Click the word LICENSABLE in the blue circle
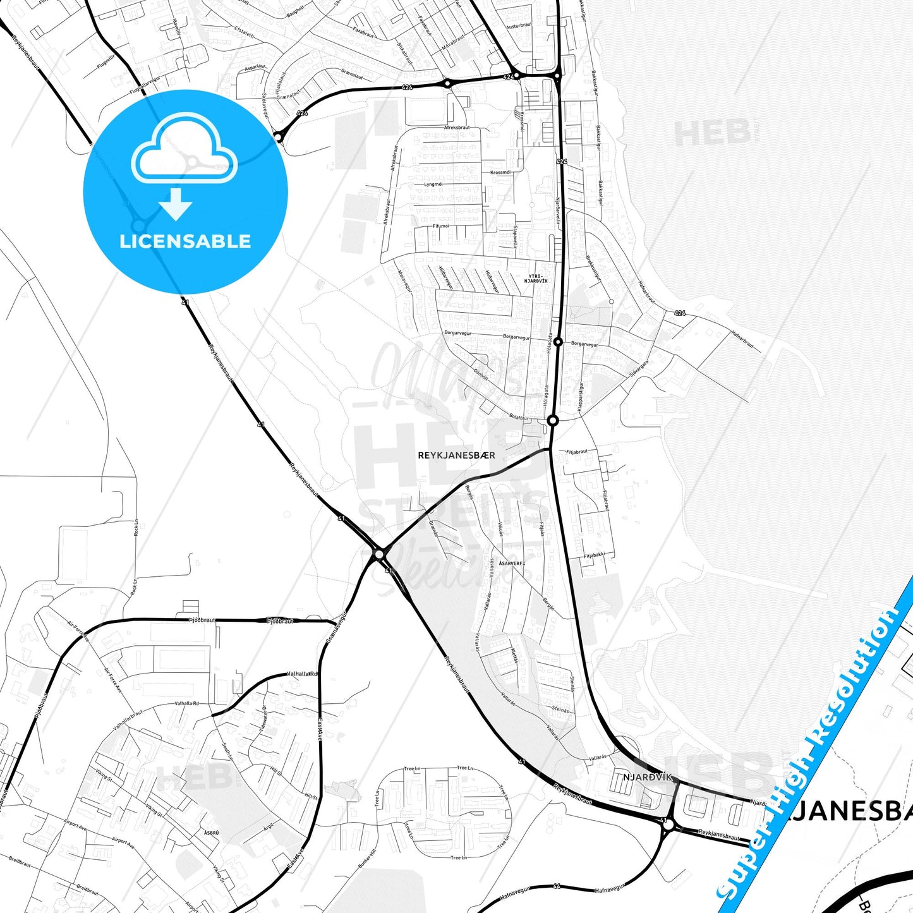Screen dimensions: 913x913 185,241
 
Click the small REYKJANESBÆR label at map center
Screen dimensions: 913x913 456,455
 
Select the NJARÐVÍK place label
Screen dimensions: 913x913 648,777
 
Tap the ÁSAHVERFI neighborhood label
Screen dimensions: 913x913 512,563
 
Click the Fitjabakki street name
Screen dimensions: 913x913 594,555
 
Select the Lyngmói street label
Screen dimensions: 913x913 433,184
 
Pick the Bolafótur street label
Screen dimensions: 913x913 519,417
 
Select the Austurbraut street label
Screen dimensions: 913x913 519,26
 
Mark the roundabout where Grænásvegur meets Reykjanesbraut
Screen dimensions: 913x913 379,554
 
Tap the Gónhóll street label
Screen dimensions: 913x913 481,374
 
